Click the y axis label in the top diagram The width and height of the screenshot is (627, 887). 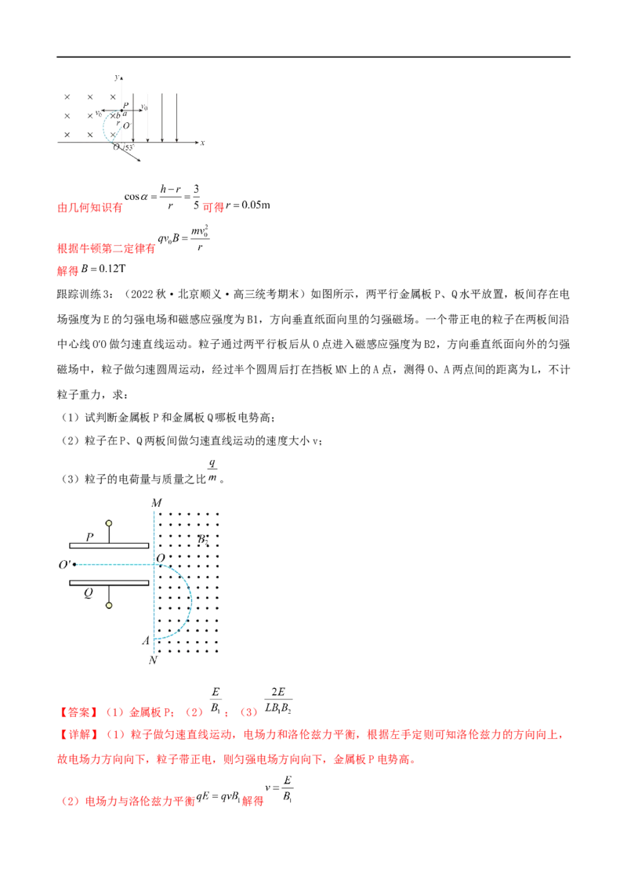tap(116, 78)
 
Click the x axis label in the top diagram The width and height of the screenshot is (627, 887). tap(202, 143)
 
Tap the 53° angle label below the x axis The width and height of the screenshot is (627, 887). tap(129, 147)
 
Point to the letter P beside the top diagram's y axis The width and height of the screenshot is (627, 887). tap(125, 105)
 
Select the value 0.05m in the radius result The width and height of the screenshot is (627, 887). tap(256, 205)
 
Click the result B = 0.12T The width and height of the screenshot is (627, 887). tap(103, 269)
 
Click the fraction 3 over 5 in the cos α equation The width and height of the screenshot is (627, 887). tap(196, 197)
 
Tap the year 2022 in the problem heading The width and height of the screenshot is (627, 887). tap(142, 294)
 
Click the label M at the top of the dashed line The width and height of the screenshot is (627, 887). tap(157, 502)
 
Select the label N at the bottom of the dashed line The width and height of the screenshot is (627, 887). tap(153, 661)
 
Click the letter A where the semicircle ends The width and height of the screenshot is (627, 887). tap(146, 640)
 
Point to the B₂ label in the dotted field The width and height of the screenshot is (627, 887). tap(202, 539)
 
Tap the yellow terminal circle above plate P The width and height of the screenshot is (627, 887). tap(109, 523)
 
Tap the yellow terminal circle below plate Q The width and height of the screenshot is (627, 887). tap(109, 605)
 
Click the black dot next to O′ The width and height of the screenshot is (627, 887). tap(74, 564)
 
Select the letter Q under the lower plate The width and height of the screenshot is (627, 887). tap(89, 593)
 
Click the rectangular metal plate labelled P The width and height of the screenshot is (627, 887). tap(109, 546)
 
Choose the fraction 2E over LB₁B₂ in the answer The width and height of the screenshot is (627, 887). tap(278, 701)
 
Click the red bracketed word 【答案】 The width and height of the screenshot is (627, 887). tap(78, 712)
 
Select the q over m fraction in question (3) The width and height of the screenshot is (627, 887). tap(212, 471)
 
